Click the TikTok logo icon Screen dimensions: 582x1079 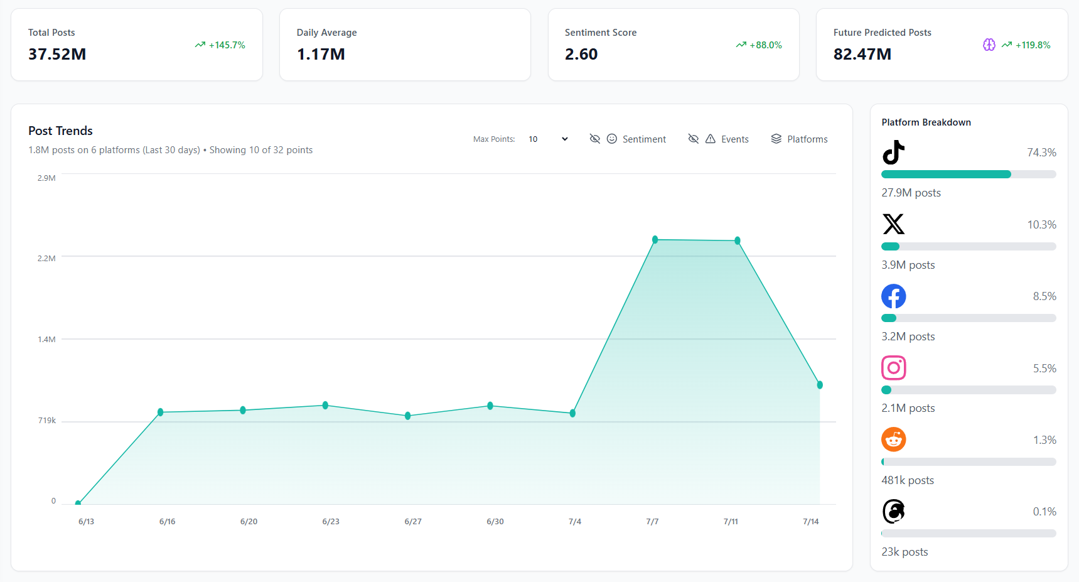pos(893,153)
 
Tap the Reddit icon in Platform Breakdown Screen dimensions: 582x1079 pos(893,439)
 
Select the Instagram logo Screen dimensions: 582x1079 pos(893,368)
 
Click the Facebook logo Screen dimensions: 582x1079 pos(893,296)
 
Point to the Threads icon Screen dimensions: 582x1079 pos(893,512)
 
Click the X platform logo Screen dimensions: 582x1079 pos(893,224)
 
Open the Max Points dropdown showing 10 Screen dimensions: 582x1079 pos(548,139)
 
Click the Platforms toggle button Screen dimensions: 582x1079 pos(799,139)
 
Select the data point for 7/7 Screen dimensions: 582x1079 pos(655,240)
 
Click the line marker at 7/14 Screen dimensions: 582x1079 pos(819,385)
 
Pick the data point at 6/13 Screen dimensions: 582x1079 pos(78,503)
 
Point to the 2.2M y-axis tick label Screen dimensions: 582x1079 pos(46,259)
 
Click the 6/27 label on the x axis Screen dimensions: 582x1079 pos(413,522)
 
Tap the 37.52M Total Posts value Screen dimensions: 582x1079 pos(57,55)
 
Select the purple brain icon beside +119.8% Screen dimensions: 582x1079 pos(989,45)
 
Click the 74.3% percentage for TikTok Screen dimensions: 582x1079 pos(1041,153)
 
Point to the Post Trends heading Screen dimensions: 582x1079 pos(60,131)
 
